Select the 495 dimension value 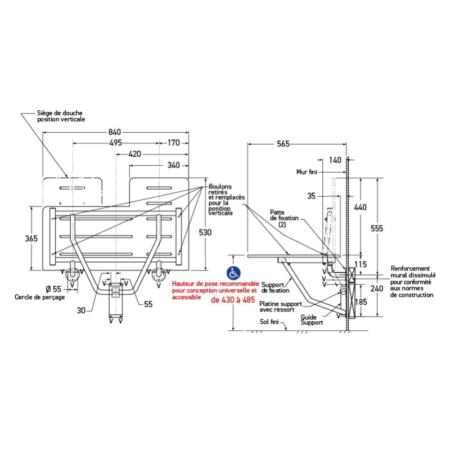tap(115, 143)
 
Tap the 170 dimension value tap(174, 143)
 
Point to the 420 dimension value tap(135, 154)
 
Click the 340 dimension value tap(174, 165)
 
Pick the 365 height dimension tap(31, 238)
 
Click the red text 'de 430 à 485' tap(233, 300)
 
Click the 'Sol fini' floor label tap(271, 322)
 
